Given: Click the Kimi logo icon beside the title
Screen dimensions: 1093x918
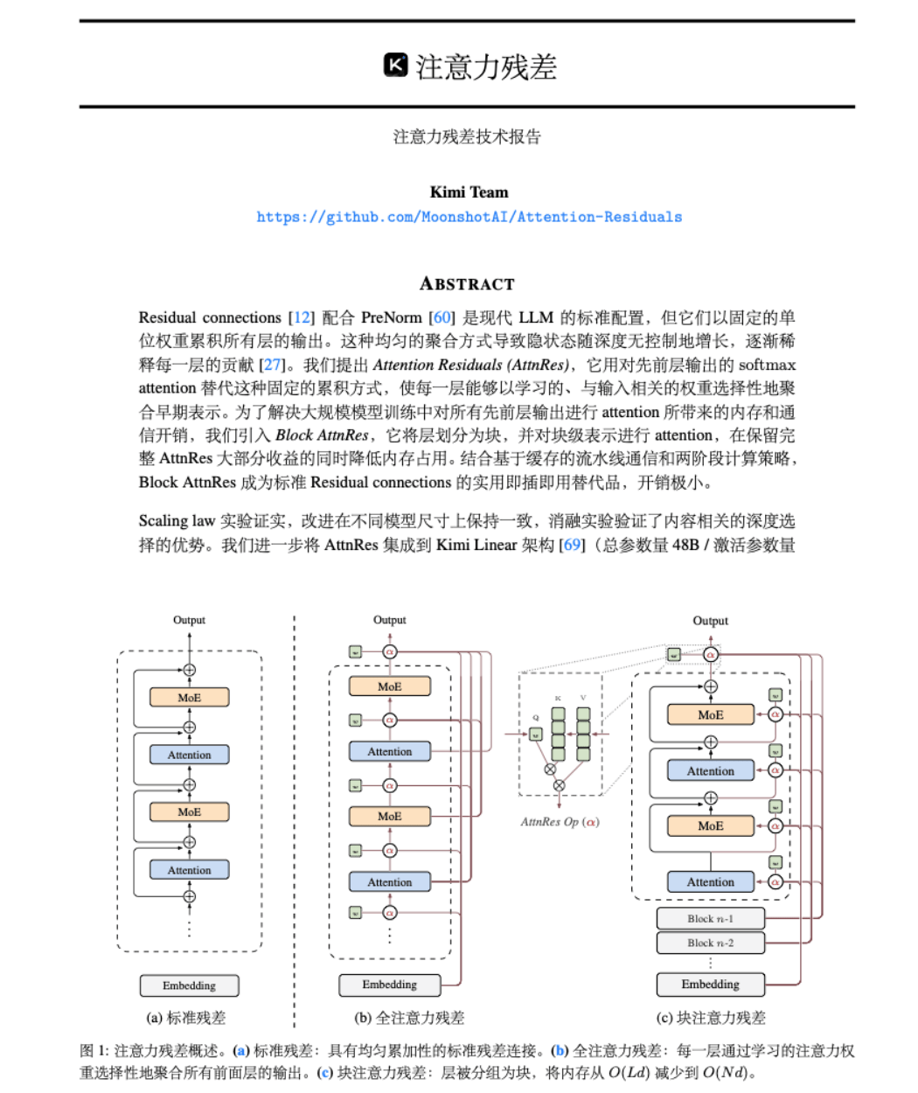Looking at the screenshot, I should point(395,66).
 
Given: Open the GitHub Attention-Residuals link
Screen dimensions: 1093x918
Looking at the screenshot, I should point(469,217).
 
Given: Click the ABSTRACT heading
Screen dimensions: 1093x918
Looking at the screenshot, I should point(467,283).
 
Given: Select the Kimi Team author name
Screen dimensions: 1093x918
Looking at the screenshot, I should point(469,192).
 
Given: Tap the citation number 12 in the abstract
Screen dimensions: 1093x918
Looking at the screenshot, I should point(302,317).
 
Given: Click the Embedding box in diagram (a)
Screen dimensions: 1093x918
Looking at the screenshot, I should point(189,985).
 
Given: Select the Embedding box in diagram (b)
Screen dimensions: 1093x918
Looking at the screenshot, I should point(389,985).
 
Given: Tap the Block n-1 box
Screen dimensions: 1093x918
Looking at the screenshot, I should point(710,918).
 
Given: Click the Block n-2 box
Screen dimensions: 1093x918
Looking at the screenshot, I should point(710,943).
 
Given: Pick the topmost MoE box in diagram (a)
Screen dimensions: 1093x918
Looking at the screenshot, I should point(189,698).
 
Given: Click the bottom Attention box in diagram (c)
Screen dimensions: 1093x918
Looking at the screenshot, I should point(710,882).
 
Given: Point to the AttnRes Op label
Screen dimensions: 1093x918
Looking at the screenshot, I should point(560,822).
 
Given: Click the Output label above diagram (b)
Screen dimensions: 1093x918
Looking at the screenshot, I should point(389,620).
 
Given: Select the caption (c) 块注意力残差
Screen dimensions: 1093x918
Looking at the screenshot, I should point(711,1018).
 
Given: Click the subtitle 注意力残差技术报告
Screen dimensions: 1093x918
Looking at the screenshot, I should point(467,136).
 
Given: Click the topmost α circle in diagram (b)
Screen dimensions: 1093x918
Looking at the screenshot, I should point(390,651).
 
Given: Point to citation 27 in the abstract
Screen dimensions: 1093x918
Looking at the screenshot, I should point(273,365).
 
